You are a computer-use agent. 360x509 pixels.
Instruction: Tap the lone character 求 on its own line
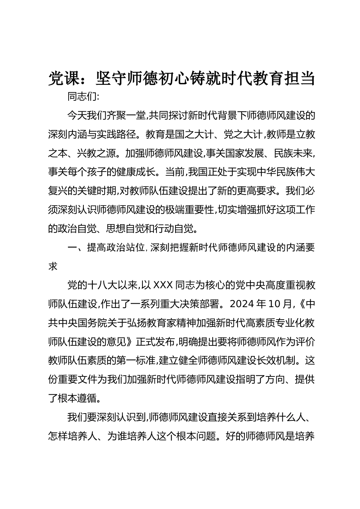point(53,266)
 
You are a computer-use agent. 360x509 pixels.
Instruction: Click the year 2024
point(242,304)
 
